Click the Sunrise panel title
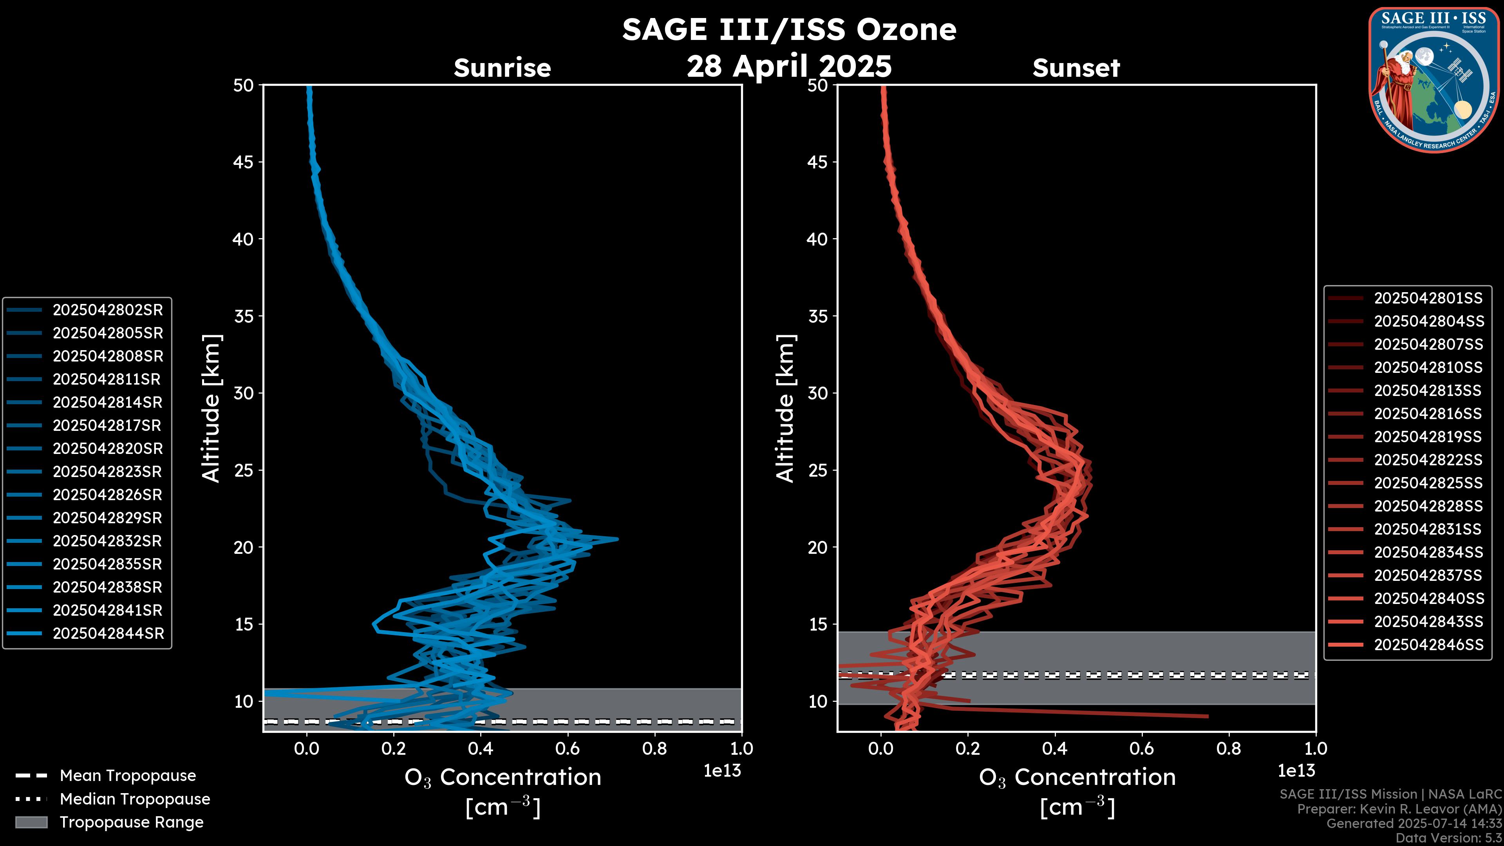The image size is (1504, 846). [x=502, y=68]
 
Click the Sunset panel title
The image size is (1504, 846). [x=1076, y=68]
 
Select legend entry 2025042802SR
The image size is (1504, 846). [x=107, y=310]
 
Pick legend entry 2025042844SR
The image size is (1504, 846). [x=108, y=633]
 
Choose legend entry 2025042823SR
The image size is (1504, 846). [x=107, y=472]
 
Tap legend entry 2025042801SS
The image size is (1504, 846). [x=1428, y=298]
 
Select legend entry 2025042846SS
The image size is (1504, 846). [x=1428, y=645]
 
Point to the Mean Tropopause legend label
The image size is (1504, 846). [x=128, y=776]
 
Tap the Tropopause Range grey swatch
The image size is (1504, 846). [x=31, y=822]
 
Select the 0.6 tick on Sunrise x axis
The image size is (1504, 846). [x=568, y=748]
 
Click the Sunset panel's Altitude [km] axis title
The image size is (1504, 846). [x=785, y=408]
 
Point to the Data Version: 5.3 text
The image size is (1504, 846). [x=1448, y=838]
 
